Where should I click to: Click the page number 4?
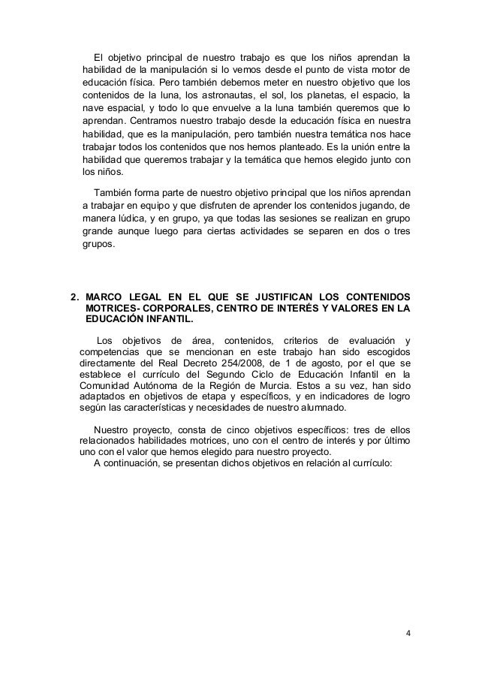point(408,633)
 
